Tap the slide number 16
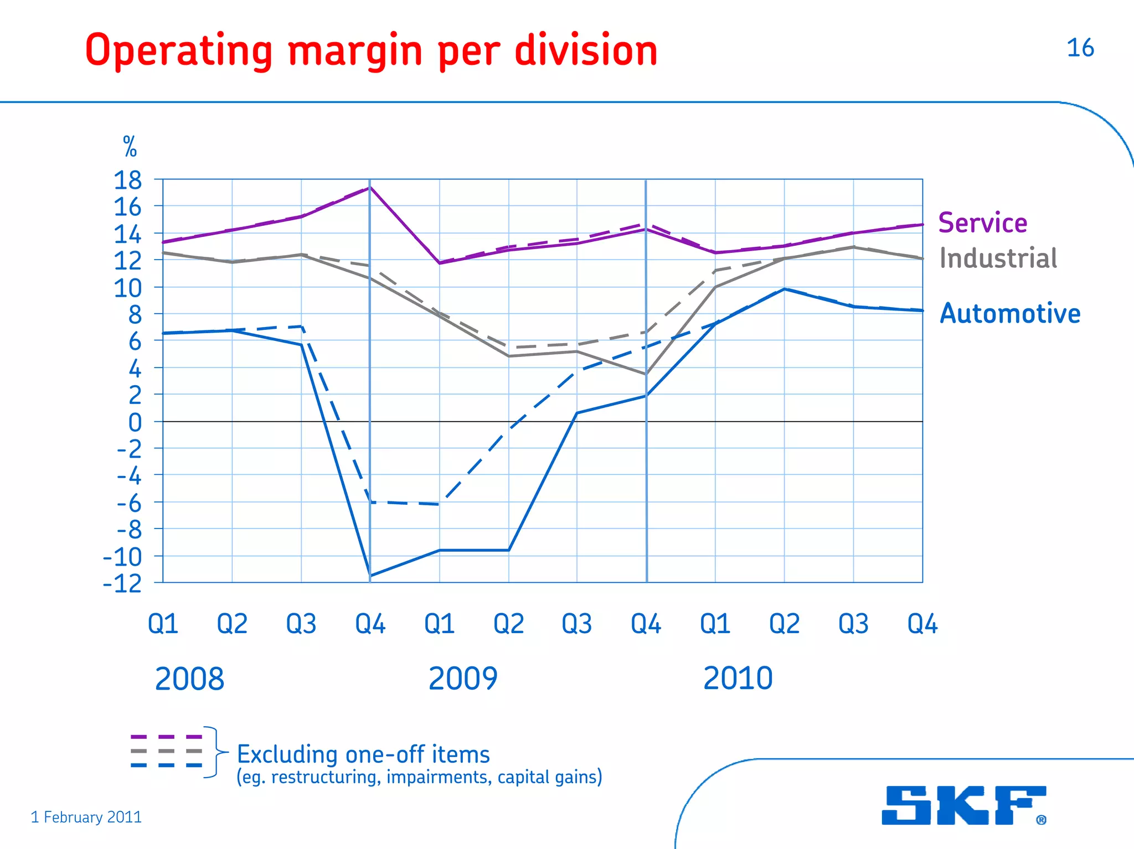pos(1080,48)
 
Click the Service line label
pos(982,223)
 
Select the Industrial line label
pos(998,258)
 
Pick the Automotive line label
pos(1009,313)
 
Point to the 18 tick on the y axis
pos(128,180)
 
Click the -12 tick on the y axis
pos(123,583)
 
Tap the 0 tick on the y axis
pos(135,423)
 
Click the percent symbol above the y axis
pos(130,147)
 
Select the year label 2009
pos(463,679)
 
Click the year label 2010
pos(738,679)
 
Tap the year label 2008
pos(189,679)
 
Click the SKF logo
pos(963,805)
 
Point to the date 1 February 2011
pos(86,817)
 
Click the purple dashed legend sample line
pos(166,737)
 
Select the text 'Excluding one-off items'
pos(363,754)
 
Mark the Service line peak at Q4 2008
pos(370,188)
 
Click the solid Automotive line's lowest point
pos(370,576)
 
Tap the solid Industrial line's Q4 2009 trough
pos(646,374)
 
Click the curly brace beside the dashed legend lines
pos(213,752)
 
